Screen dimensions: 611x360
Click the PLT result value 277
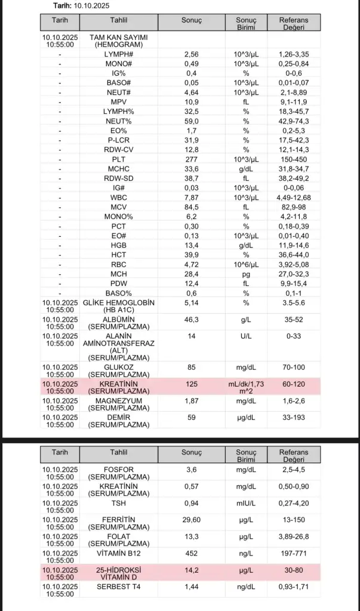(192, 160)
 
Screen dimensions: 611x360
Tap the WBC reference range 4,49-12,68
(294, 198)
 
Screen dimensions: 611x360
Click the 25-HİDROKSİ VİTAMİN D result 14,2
(192, 570)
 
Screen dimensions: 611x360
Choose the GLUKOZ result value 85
(192, 367)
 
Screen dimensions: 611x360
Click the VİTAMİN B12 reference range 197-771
(294, 553)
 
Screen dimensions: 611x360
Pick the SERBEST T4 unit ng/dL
(246, 587)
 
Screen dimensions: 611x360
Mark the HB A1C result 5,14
(192, 303)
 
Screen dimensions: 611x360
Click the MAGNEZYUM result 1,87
(192, 401)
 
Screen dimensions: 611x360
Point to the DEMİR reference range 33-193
(294, 418)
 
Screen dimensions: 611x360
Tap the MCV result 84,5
(192, 207)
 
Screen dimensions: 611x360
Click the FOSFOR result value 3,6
(192, 470)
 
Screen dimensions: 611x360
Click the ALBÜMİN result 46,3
(192, 320)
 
